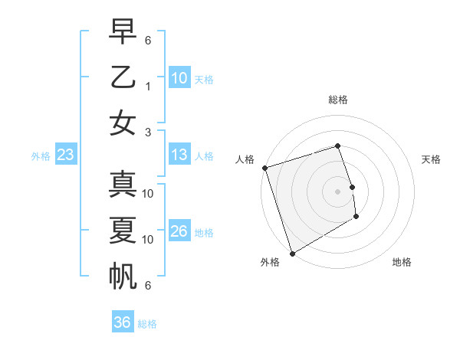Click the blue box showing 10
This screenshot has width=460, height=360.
(x=179, y=78)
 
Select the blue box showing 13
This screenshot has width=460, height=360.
(x=179, y=155)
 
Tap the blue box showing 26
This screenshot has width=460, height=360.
(x=179, y=232)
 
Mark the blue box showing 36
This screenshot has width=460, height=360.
(x=122, y=322)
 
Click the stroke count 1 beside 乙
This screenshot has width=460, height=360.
(x=148, y=87)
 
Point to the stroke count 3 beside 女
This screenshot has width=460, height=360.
(x=148, y=133)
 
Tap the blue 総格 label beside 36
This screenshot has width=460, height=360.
(x=148, y=324)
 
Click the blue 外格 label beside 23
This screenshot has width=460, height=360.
(x=41, y=156)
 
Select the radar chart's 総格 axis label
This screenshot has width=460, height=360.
(x=338, y=100)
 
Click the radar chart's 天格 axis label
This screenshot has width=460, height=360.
(x=432, y=159)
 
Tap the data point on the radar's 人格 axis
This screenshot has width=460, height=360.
(x=264, y=168)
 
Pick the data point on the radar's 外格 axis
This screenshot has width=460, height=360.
(x=292, y=254)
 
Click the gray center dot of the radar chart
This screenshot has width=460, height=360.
(x=338, y=191)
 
